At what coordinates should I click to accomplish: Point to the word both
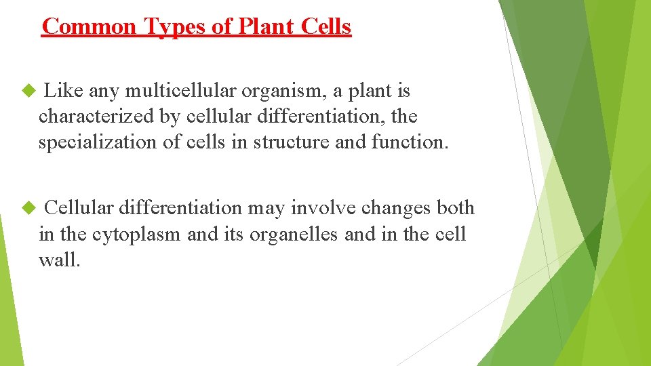455,208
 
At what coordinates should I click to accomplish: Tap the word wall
59,260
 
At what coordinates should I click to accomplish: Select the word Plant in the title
257,26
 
